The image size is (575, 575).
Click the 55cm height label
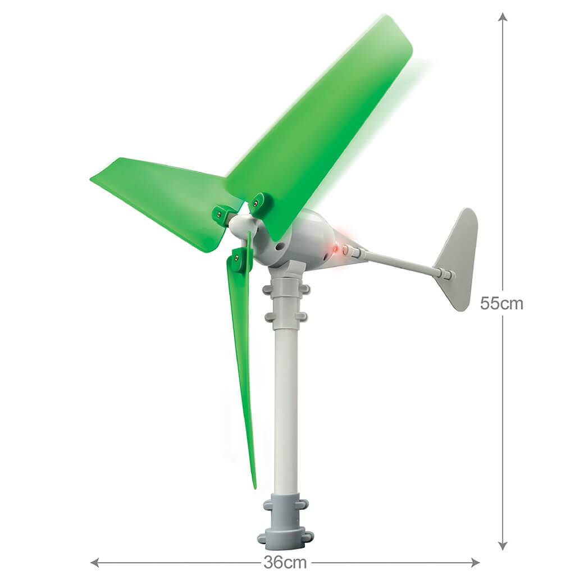[501, 304]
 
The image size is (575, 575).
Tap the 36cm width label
[285, 562]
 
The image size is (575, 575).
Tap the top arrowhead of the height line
[503, 17]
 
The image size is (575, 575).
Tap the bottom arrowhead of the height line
[503, 546]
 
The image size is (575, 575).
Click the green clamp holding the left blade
[222, 214]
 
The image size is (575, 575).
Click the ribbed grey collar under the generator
[287, 303]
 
